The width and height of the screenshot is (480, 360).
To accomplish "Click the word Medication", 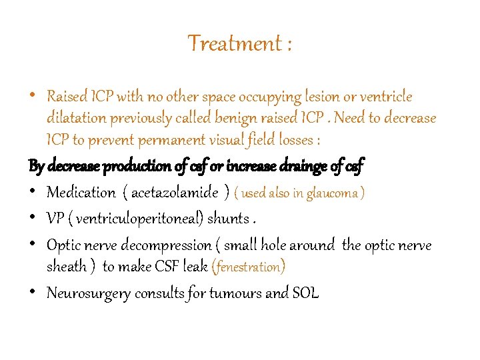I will click(x=81, y=193).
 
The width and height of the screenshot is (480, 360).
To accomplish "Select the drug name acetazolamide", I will click(x=175, y=193).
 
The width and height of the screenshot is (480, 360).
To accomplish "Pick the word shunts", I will click(x=229, y=219).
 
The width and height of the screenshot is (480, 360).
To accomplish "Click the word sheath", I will click(x=67, y=267).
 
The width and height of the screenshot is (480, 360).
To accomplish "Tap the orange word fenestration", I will click(x=248, y=267).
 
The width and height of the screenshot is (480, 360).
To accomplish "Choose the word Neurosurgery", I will click(x=89, y=293).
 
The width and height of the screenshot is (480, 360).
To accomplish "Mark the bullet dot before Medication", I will click(x=33, y=193).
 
